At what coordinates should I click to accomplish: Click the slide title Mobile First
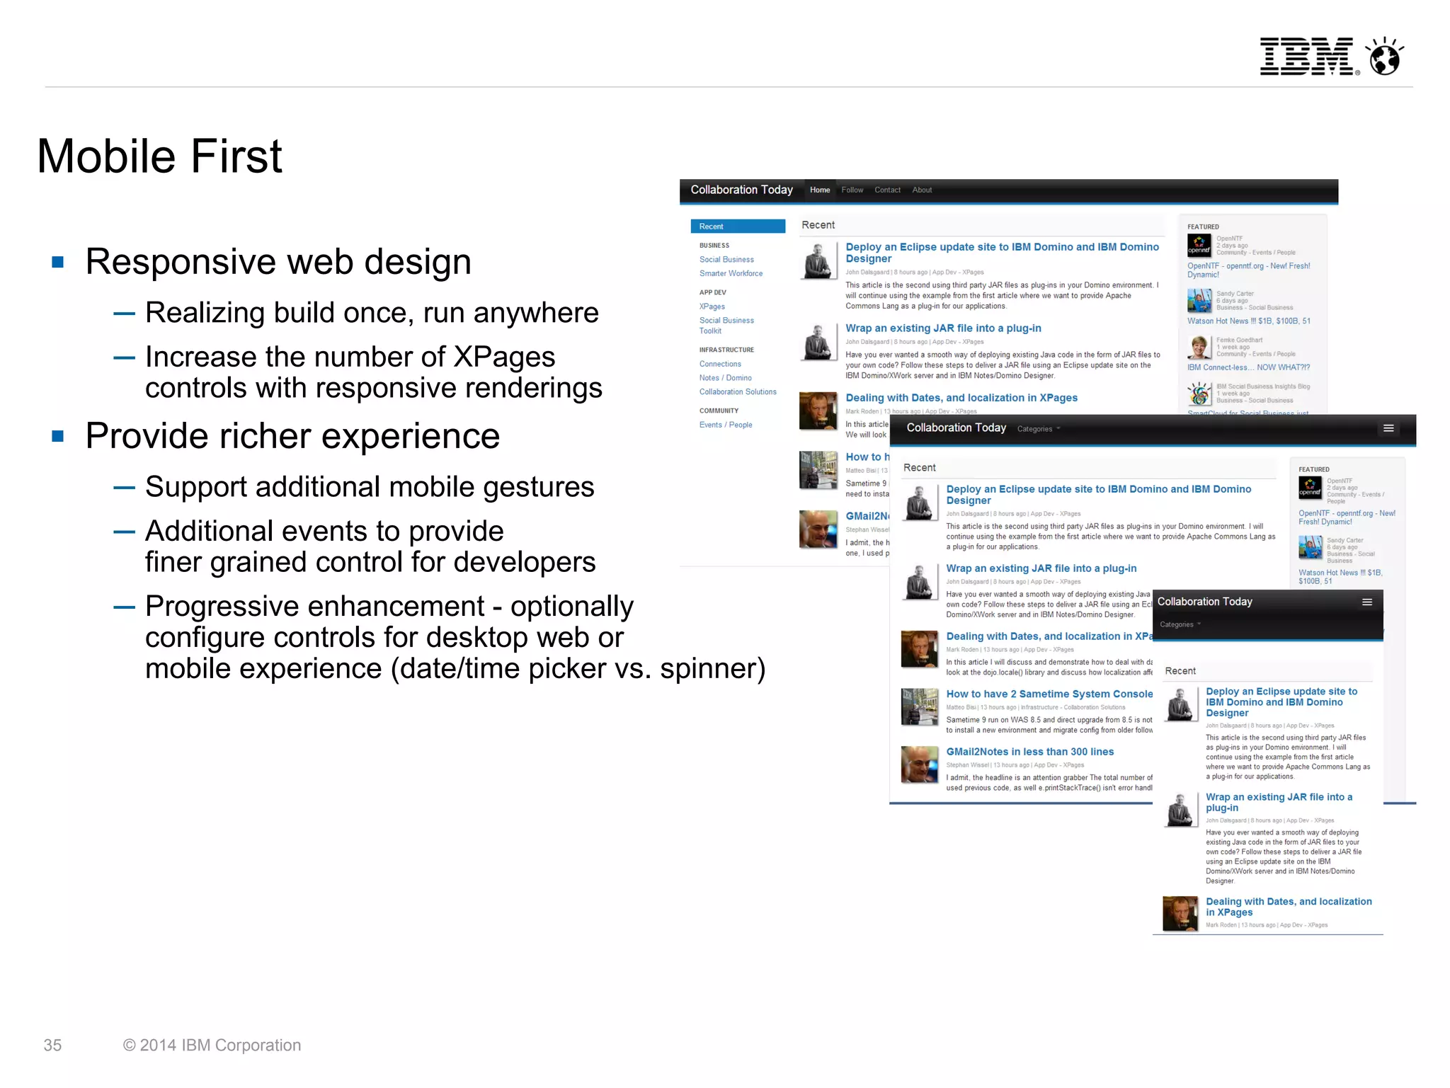coord(159,156)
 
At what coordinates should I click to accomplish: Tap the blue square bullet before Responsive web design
coord(58,263)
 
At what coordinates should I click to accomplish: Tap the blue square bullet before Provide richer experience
coord(58,437)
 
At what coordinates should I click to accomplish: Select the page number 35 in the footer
coord(52,1045)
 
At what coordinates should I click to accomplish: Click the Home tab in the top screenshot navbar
coord(820,190)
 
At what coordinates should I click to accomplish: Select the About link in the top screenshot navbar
coord(922,190)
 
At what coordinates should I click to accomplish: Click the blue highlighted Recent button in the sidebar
coord(738,227)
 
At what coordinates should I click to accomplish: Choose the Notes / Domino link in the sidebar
coord(725,378)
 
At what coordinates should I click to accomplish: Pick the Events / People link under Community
coord(725,425)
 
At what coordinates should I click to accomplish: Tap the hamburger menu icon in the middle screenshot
coord(1388,428)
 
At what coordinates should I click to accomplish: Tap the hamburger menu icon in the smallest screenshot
coord(1367,602)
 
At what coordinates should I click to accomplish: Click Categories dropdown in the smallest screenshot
coord(1180,624)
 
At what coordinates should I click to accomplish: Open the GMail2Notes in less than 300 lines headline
coord(1029,752)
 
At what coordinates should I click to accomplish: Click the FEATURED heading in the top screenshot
coord(1203,227)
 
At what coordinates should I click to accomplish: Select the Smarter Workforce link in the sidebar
coord(731,273)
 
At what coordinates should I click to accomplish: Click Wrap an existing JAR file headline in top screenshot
coord(943,328)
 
